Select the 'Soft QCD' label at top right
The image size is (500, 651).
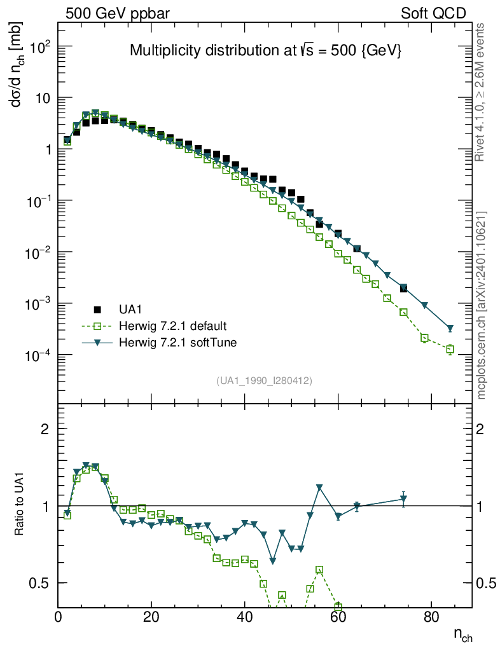point(433,13)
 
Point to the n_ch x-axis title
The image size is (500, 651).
point(462,634)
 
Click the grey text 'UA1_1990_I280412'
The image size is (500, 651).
point(264,381)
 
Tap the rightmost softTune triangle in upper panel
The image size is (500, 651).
point(450,329)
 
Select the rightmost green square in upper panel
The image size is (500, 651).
point(450,349)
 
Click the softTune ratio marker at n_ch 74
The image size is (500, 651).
point(403,499)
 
